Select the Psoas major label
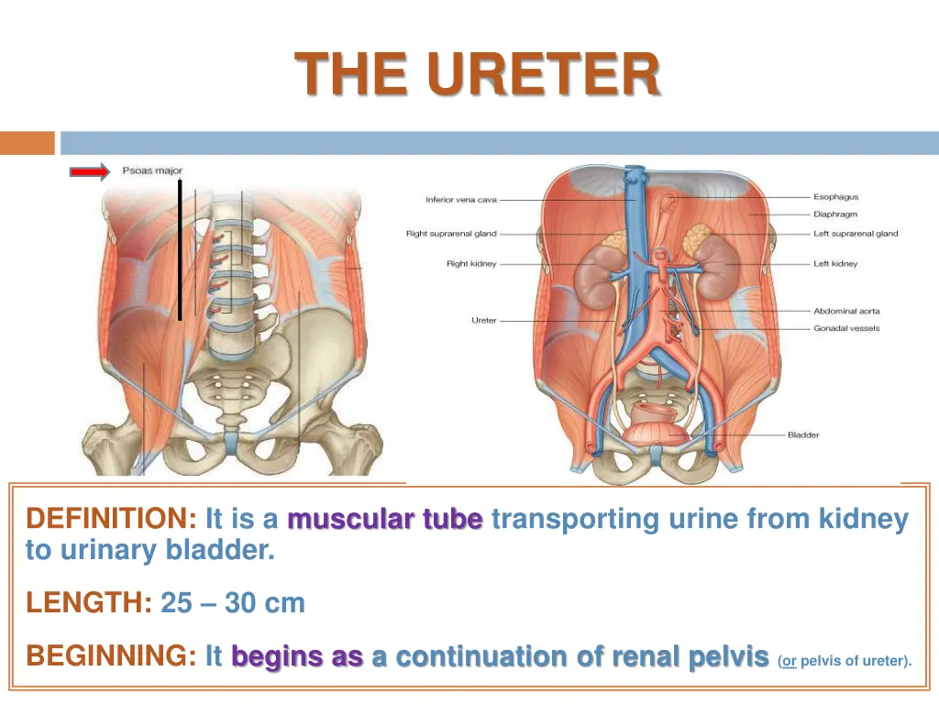[152, 170]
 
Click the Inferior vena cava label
[462, 200]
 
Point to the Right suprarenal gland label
[451, 234]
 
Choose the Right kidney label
[471, 264]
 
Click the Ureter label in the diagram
[484, 320]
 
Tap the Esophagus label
[835, 197]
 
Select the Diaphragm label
[836, 214]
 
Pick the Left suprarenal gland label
[856, 234]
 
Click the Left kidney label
[835, 264]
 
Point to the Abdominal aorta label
[846, 312]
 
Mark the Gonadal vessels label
[846, 328]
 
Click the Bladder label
[804, 434]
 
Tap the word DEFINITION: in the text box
[111, 520]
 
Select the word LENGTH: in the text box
[89, 603]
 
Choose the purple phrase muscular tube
[384, 520]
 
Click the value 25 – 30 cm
[233, 603]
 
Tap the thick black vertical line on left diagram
[180, 249]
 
